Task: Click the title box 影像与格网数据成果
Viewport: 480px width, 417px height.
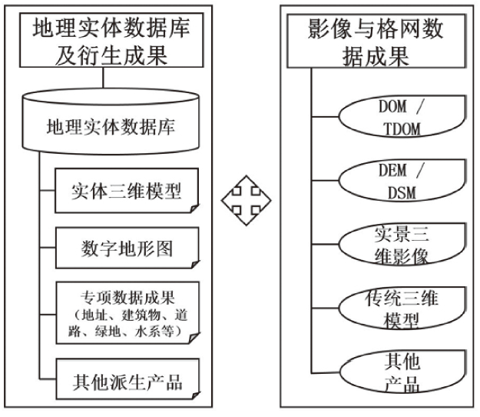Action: (376, 42)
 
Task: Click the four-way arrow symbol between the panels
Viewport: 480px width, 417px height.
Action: (240, 202)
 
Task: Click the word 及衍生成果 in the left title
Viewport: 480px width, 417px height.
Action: (112, 55)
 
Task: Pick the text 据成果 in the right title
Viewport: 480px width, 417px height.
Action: (376, 55)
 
